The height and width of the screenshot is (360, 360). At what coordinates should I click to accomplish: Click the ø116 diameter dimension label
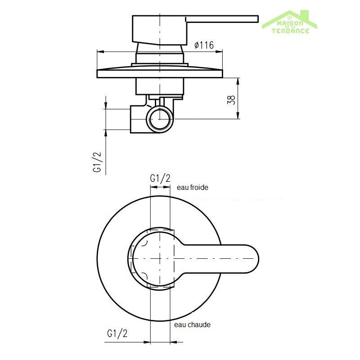pyautogui.click(x=203, y=45)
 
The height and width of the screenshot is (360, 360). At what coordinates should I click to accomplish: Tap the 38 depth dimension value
pyautogui.click(x=231, y=99)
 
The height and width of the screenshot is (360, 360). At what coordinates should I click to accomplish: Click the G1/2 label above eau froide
pyautogui.click(x=160, y=178)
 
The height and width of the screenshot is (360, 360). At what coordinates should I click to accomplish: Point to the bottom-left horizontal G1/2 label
pyautogui.click(x=117, y=333)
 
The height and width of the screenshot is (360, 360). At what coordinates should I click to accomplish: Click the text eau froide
pyautogui.click(x=193, y=187)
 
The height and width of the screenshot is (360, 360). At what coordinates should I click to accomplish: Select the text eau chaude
pyautogui.click(x=192, y=324)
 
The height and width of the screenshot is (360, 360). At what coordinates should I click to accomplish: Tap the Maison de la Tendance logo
pyautogui.click(x=290, y=22)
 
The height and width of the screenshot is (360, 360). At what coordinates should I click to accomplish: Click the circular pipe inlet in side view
pyautogui.click(x=161, y=119)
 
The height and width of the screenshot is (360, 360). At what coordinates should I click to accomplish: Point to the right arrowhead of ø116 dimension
pyautogui.click(x=220, y=52)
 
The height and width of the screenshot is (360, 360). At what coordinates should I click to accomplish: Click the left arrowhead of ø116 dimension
pyautogui.click(x=99, y=52)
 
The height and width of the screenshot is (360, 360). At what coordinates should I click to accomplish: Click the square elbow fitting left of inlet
pyautogui.click(x=137, y=119)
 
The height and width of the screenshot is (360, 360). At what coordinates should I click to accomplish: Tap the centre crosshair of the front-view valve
pyautogui.click(x=160, y=259)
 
